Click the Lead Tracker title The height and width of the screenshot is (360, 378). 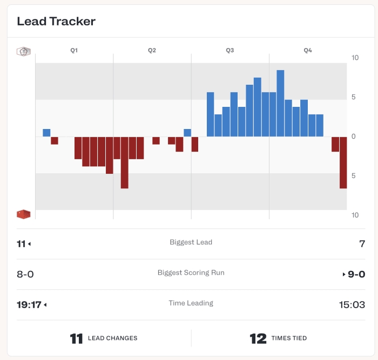[56, 22]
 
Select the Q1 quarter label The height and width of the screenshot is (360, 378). [74, 50]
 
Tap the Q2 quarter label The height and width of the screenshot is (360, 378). [152, 50]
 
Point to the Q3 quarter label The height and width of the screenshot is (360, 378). [230, 50]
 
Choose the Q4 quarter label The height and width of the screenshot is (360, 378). [307, 50]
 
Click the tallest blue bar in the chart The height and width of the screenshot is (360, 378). [280, 103]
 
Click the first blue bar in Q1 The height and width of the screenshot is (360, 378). [46, 133]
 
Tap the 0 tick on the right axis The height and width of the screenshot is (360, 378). [354, 137]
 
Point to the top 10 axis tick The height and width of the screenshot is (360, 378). [355, 58]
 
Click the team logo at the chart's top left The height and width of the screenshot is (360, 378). [23, 51]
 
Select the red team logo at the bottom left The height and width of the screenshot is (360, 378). [23, 214]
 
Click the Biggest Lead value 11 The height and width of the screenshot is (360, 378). [22, 244]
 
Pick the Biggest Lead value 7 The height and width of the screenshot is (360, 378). [362, 244]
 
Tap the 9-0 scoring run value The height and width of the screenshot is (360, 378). [356, 274]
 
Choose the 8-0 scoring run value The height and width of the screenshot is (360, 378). [25, 274]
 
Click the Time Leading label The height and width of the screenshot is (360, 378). [191, 303]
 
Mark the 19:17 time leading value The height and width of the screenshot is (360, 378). [29, 304]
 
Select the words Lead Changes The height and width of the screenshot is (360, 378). [113, 338]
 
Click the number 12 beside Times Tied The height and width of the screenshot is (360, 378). [258, 338]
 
